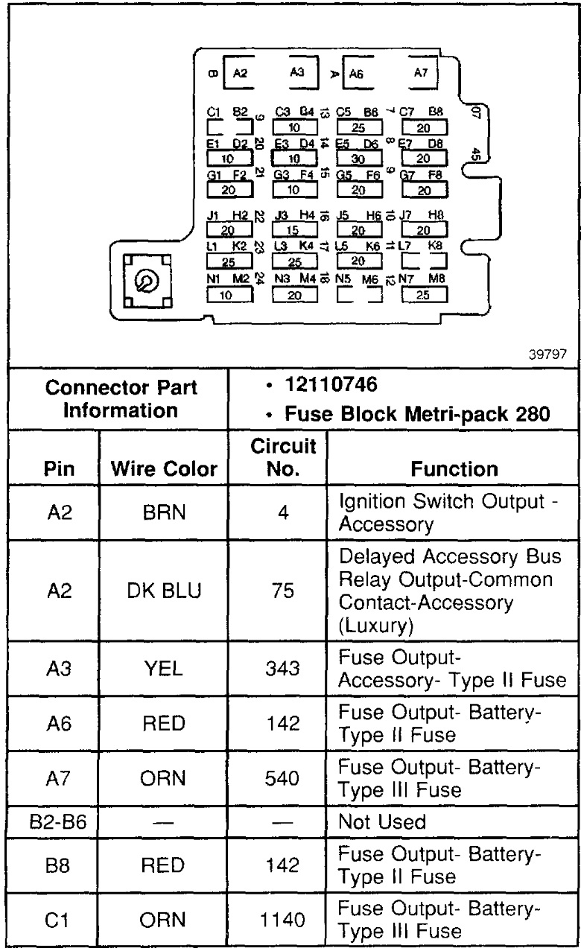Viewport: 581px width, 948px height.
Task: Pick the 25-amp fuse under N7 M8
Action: pyautogui.click(x=424, y=295)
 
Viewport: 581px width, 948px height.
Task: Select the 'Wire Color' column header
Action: pyautogui.click(x=164, y=469)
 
